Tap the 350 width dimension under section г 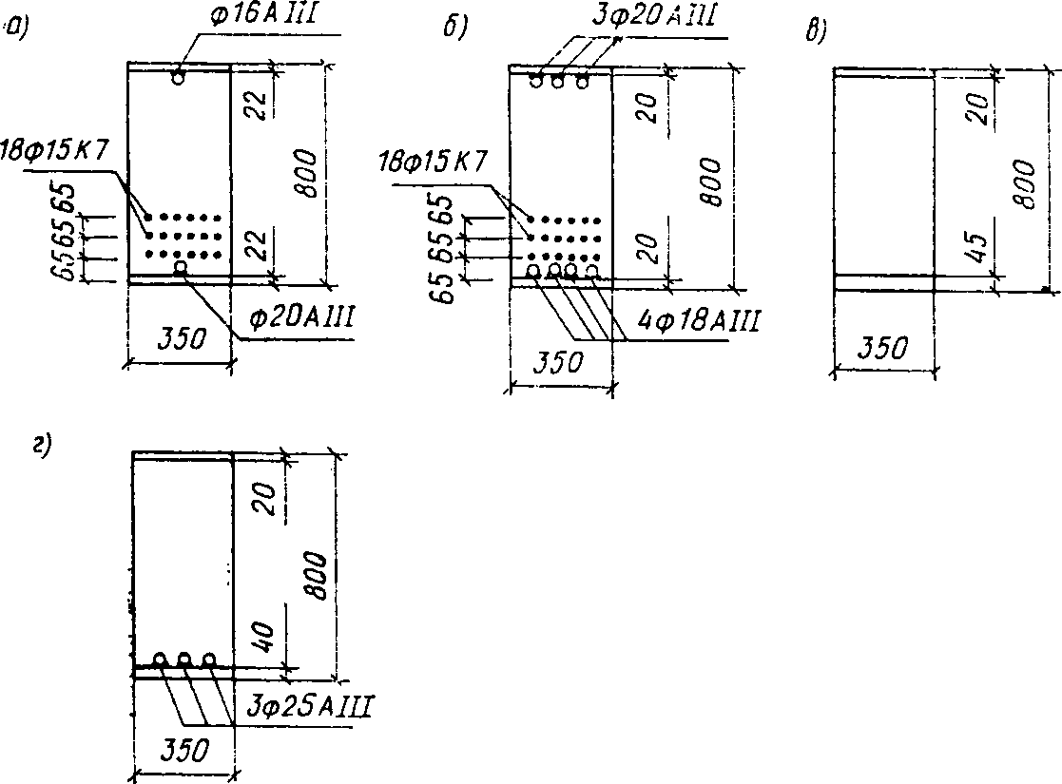(182, 752)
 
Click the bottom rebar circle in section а (181, 270)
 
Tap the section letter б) (455, 29)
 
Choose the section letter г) (41, 444)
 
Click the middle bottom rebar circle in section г (184, 658)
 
